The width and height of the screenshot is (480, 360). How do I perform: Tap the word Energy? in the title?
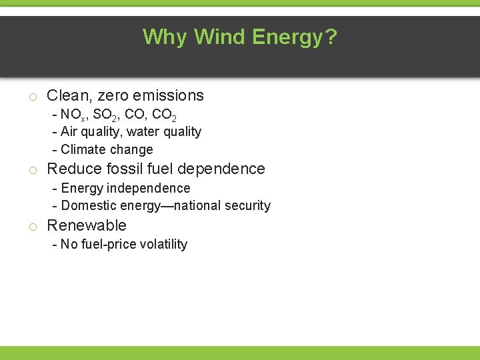tap(295, 37)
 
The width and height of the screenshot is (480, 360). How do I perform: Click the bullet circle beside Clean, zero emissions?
tap(32, 97)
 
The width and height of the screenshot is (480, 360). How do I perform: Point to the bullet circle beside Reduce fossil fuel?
tap(32, 170)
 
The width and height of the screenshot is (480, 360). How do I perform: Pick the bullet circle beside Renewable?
tap(32, 227)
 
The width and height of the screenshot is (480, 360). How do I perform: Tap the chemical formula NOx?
tap(73, 114)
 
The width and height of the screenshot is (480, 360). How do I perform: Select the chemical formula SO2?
tap(107, 114)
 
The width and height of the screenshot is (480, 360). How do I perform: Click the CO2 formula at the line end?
tap(163, 114)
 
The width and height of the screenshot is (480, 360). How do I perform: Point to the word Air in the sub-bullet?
tap(69, 131)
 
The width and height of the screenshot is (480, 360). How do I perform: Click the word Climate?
tap(83, 149)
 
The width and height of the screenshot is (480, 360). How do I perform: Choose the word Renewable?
tap(87, 225)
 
